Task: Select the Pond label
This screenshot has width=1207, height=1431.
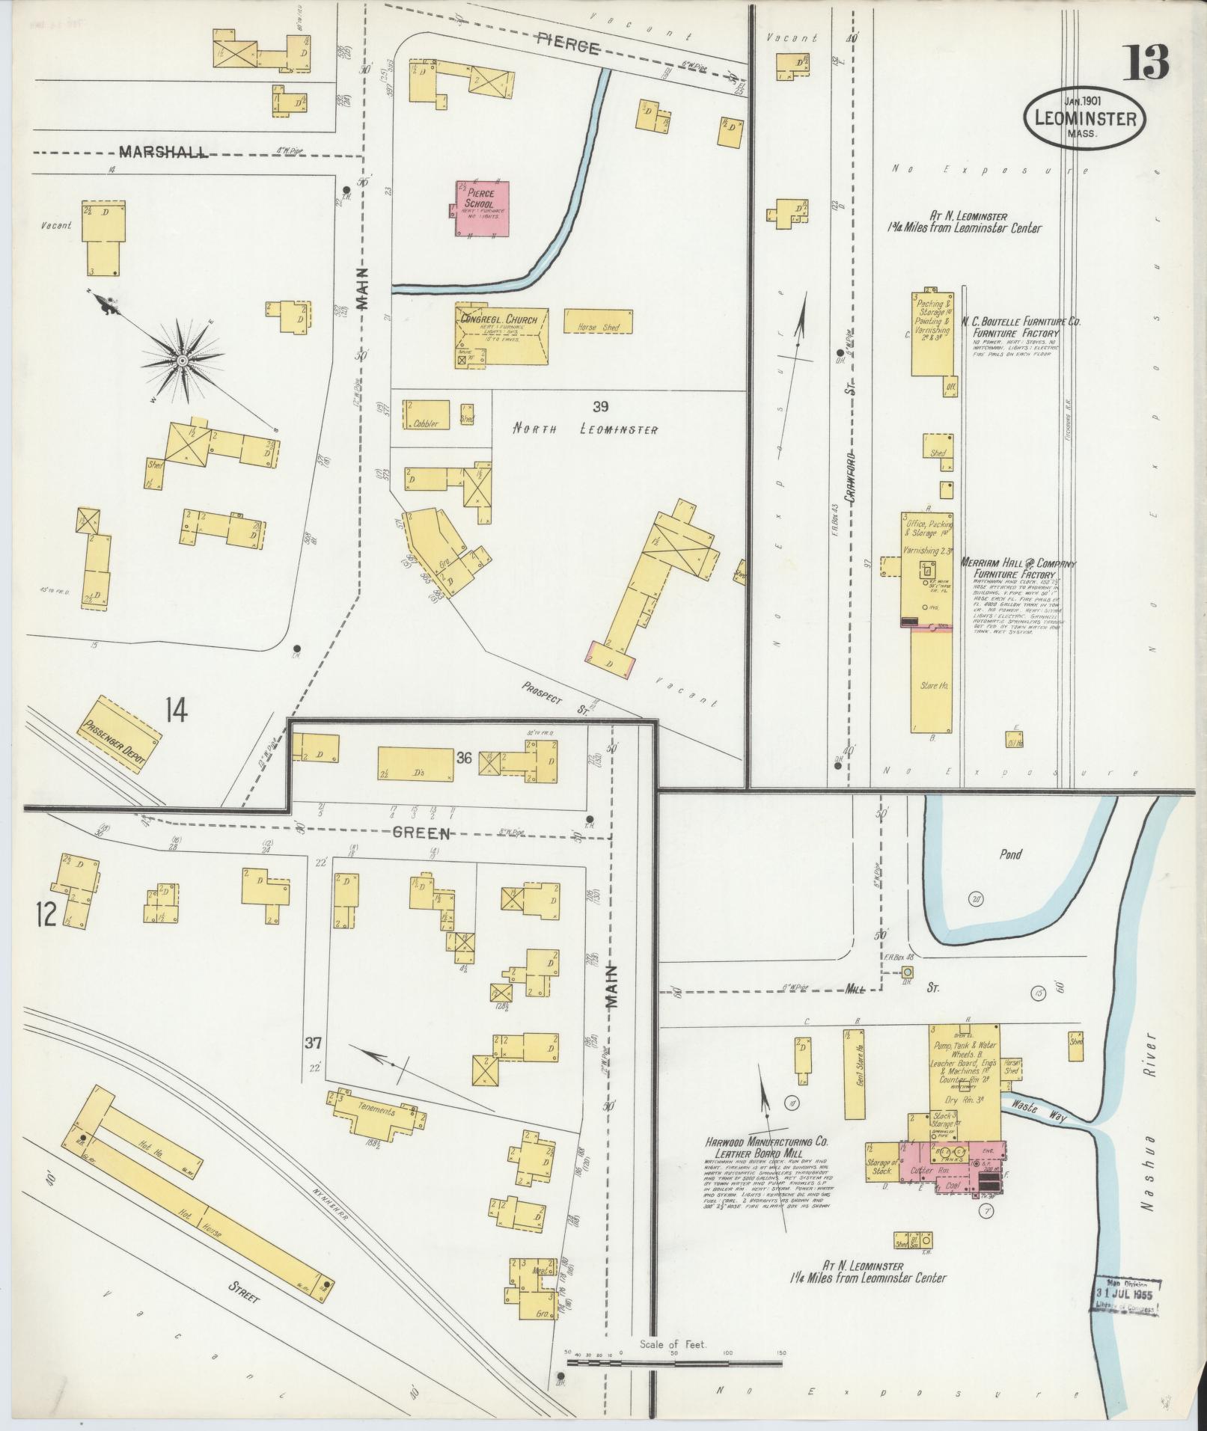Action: point(1009,854)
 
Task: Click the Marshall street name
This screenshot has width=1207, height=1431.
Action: point(162,152)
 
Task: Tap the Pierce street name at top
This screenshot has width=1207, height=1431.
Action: point(568,48)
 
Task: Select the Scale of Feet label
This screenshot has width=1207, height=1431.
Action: point(673,1344)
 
